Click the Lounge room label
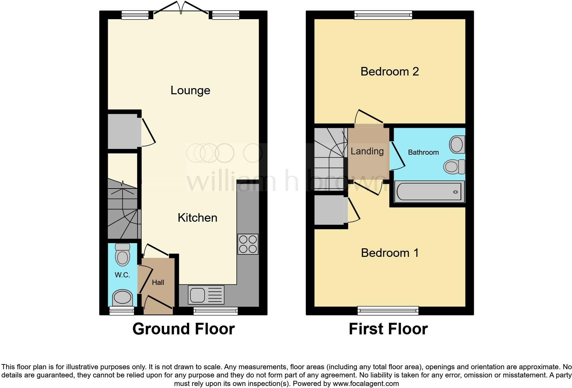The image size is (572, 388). [190, 91]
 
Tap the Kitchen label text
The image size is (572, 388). [197, 218]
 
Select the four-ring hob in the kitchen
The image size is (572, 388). [248, 244]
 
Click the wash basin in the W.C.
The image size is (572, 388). [122, 297]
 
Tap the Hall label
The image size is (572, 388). [158, 282]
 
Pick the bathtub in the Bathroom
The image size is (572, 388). [430, 192]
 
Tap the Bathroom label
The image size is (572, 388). [423, 153]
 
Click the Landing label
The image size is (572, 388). [367, 151]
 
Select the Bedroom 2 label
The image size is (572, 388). [390, 72]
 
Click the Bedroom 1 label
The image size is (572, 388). [390, 253]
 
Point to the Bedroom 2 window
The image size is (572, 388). [383, 15]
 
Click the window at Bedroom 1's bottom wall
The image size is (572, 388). [388, 310]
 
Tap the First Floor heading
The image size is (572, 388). [388, 329]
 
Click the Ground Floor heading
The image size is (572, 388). [183, 329]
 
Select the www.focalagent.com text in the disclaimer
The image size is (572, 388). [366, 384]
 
